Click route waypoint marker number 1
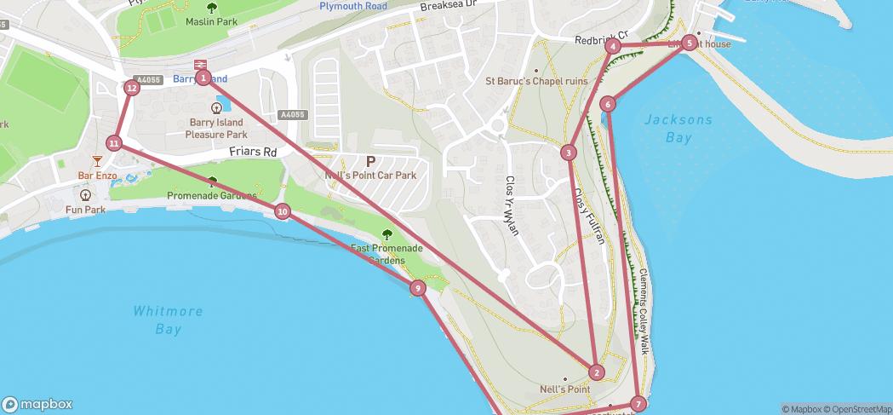[203, 78]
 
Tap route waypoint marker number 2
[596, 372]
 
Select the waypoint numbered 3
[568, 153]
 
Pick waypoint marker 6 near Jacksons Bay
[607, 104]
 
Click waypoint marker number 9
[417, 288]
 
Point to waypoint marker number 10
[283, 211]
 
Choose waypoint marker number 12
[131, 87]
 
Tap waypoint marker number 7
[638, 404]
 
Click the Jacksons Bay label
[678, 128]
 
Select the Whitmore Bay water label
[168, 320]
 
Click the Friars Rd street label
[253, 153]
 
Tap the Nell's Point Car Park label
[370, 176]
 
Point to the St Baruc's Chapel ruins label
[536, 82]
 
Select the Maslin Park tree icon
[211, 9]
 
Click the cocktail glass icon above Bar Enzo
[97, 161]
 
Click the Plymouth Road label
[352, 6]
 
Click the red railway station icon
[201, 64]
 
